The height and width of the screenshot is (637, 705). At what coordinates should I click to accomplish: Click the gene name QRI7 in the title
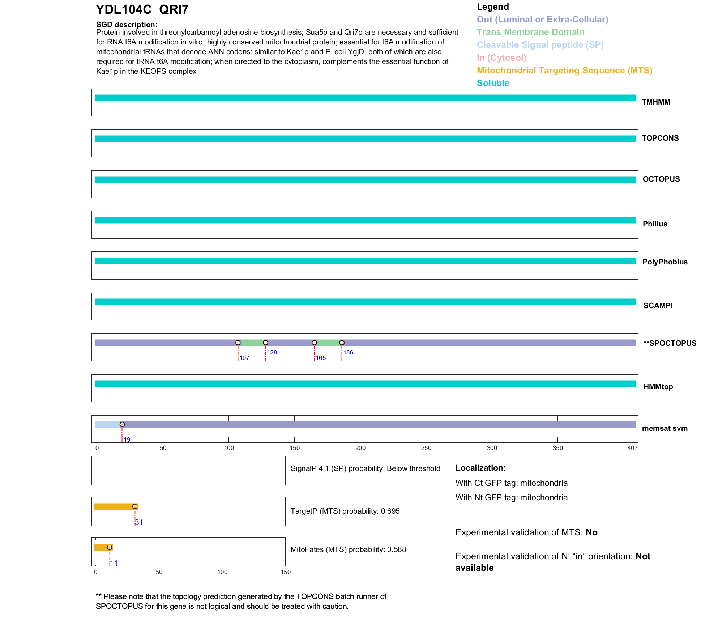[174, 10]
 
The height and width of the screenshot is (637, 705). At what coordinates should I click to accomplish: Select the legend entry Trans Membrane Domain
[530, 32]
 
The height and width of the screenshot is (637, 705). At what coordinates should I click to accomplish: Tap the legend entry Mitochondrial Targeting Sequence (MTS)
[564, 71]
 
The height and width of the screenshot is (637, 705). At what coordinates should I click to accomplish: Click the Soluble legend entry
[493, 83]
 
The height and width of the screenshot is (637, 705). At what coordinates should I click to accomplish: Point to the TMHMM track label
[656, 102]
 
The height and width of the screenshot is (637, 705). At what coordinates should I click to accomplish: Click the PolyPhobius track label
[665, 262]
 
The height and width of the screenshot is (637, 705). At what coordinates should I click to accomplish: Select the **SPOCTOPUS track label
[670, 343]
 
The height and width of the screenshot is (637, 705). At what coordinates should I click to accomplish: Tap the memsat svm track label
[665, 428]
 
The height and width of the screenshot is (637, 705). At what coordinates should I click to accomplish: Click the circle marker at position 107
[238, 343]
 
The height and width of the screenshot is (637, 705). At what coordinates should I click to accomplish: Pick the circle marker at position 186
[342, 343]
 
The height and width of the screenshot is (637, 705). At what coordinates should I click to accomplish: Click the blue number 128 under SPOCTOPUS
[272, 352]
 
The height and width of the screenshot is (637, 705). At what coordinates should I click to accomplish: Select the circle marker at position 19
[122, 424]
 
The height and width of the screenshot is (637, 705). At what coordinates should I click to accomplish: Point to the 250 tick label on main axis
[426, 448]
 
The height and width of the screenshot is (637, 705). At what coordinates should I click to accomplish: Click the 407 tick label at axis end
[632, 448]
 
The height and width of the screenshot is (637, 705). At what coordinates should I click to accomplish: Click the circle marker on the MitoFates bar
[110, 547]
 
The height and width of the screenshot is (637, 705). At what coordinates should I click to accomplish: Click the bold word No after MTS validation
[591, 532]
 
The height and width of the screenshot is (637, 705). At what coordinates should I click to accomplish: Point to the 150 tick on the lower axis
[286, 572]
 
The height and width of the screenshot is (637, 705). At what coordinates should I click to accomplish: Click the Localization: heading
[480, 468]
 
